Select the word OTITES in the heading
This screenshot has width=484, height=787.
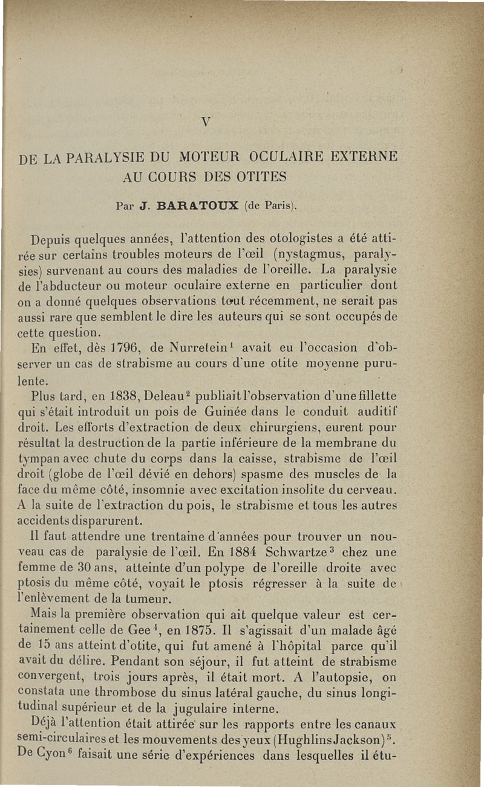pyautogui.click(x=264, y=178)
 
